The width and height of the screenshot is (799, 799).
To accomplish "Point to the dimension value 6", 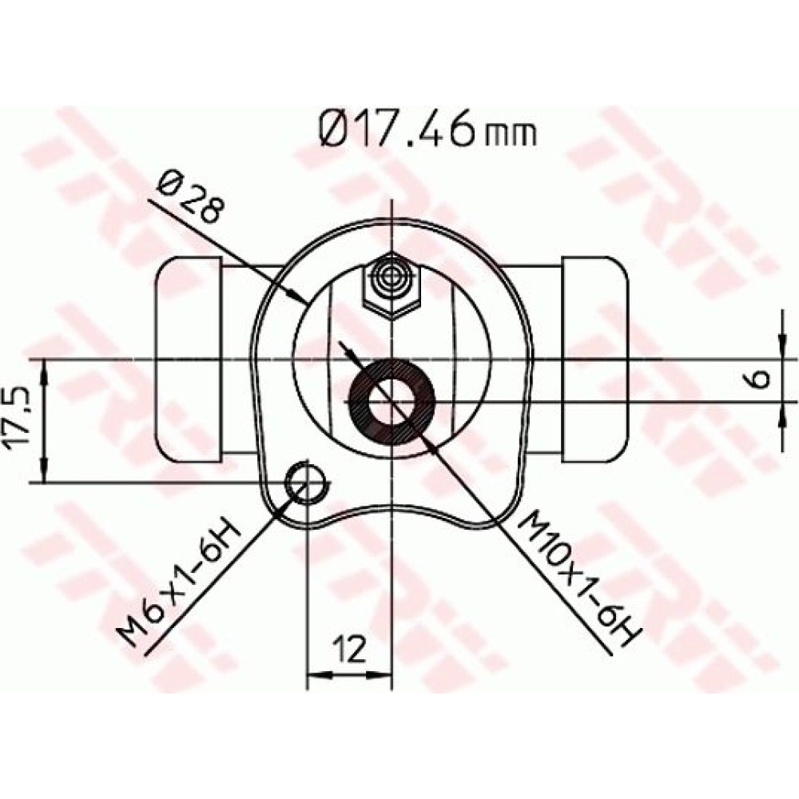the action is pyautogui.click(x=760, y=379).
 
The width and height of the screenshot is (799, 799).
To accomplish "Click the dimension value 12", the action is pyautogui.click(x=350, y=649).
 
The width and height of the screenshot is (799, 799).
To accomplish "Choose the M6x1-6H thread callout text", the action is pyautogui.click(x=178, y=580).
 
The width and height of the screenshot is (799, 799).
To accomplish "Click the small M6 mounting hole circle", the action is pyautogui.click(x=307, y=482).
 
